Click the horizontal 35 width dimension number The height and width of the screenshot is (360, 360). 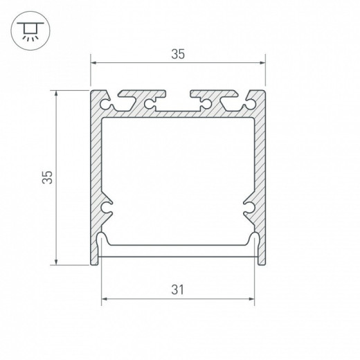click(178, 54)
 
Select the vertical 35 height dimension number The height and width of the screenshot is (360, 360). click(48, 177)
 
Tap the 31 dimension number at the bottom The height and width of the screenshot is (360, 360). click(178, 290)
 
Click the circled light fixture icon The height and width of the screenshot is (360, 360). click(30, 30)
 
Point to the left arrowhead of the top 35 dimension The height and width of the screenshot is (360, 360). click(93, 62)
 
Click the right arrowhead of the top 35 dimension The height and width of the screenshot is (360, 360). click(262, 62)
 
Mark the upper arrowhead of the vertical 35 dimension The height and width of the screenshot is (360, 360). click(56, 93)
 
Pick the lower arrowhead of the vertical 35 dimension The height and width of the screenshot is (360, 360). click(56, 262)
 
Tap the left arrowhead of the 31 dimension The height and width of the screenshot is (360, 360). click(105, 299)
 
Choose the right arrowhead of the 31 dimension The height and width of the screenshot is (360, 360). click(251, 299)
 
